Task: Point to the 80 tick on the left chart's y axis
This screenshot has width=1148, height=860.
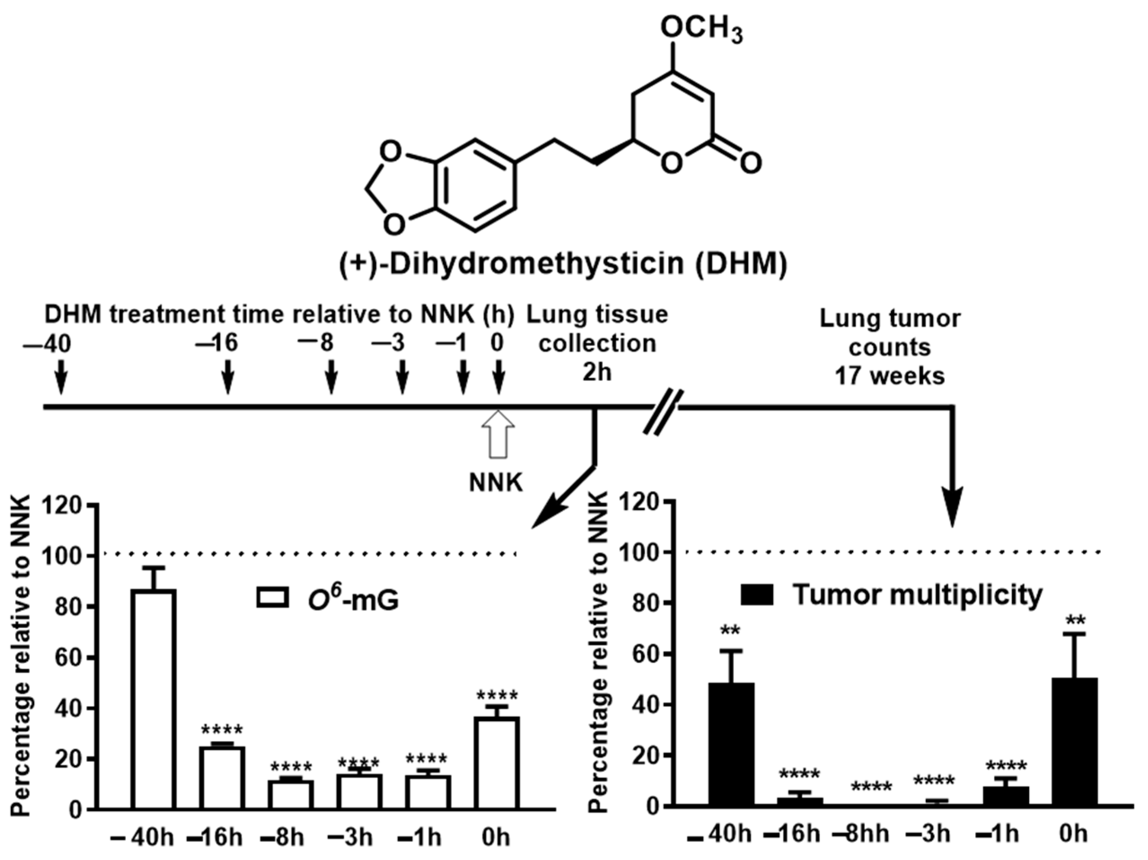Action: [x=70, y=607]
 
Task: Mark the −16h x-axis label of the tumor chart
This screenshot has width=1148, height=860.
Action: [x=793, y=834]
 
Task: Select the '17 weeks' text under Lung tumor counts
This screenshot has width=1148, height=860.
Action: [x=889, y=375]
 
